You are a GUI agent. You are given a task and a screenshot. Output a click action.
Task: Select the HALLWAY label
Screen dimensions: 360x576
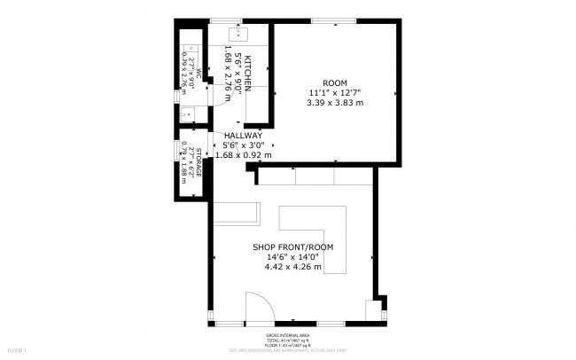tap(243, 135)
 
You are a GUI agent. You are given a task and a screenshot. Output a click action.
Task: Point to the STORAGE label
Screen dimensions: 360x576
tap(198, 162)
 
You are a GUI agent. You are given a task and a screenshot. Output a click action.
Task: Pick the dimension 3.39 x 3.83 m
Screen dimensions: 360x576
tap(335, 103)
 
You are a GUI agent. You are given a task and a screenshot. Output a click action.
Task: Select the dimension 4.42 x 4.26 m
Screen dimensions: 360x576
tap(292, 266)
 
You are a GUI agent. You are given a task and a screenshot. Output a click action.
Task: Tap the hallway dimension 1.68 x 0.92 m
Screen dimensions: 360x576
tap(243, 154)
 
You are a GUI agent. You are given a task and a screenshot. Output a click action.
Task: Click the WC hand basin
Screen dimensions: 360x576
tap(188, 114)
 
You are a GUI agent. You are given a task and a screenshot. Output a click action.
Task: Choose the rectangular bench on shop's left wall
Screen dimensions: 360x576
tap(235, 212)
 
